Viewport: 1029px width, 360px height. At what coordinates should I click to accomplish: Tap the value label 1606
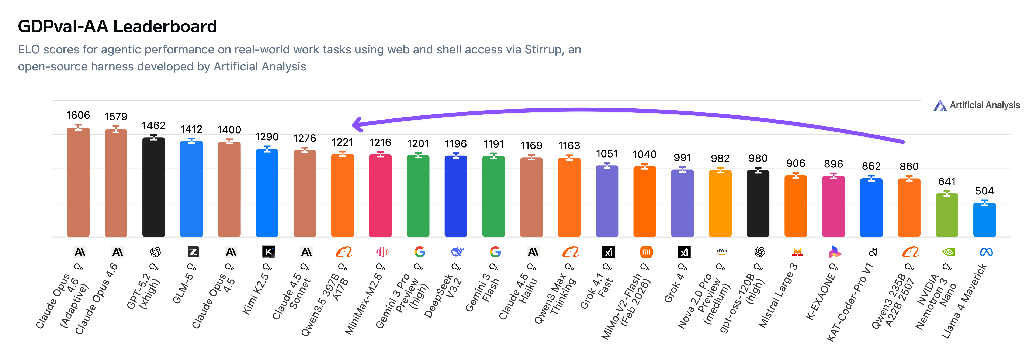78,115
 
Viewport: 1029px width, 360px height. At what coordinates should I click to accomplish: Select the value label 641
947,182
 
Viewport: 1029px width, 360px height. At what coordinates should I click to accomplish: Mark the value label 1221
342,142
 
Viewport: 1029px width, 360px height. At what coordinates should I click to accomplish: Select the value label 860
909,167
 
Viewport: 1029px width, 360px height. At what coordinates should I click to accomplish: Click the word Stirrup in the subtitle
543,49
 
